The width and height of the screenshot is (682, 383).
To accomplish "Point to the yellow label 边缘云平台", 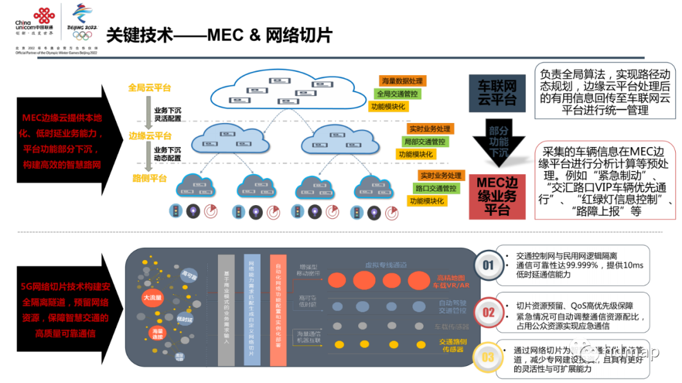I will [150, 136].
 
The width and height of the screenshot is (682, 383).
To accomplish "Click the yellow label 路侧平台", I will [149, 179].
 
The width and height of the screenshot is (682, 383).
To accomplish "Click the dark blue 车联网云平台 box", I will [496, 92].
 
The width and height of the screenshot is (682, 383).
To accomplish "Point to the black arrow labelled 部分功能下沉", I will [498, 141].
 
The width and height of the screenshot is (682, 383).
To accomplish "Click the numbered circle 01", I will [488, 266].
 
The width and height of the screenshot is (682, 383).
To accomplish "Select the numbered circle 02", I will [488, 312].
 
